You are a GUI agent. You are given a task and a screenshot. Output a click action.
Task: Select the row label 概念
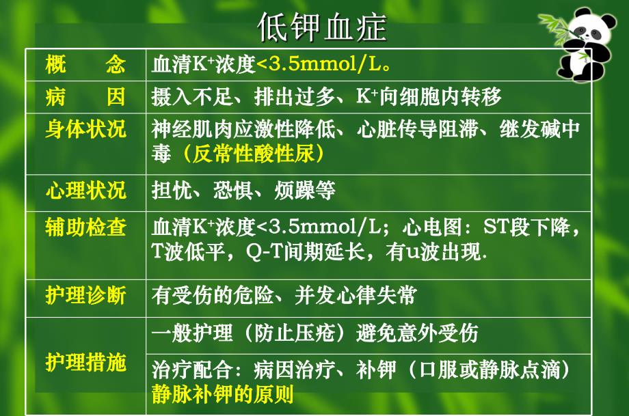(85, 65)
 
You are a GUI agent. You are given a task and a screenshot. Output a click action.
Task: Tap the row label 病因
(85, 96)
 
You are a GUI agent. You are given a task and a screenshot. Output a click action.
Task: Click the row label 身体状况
(85, 129)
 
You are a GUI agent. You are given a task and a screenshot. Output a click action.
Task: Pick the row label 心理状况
(85, 190)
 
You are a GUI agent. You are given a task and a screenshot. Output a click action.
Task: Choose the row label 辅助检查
(85, 227)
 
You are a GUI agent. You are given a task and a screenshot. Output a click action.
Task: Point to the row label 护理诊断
(85, 295)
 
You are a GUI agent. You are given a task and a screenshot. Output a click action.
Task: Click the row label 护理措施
(85, 362)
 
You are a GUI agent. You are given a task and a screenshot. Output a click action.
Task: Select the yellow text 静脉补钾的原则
(222, 395)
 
